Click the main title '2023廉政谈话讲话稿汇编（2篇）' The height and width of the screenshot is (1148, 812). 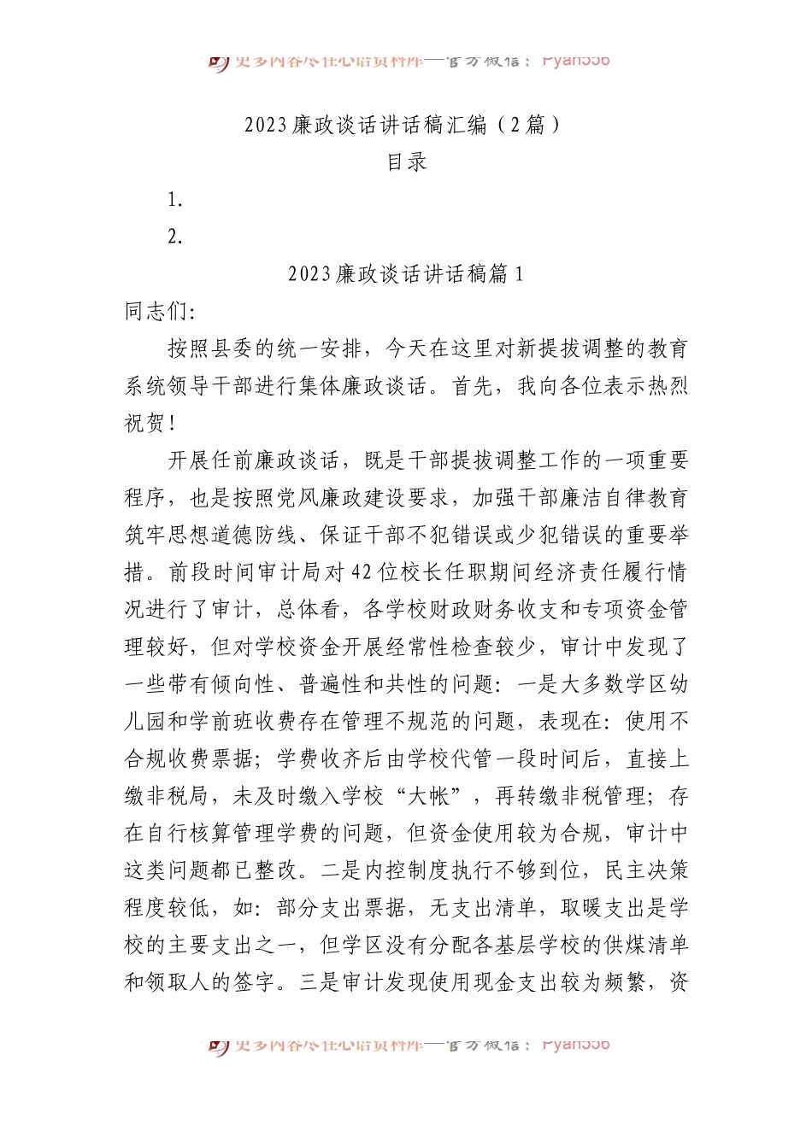coord(405,125)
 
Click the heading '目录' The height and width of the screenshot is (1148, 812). coord(406,162)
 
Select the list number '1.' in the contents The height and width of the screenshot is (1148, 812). coord(175,200)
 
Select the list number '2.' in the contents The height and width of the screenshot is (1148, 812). coord(175,237)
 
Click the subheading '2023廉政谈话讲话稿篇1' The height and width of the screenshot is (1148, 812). coord(405,274)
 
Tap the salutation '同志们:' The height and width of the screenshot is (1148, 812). coord(160,312)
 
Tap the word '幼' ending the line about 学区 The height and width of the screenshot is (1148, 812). coord(679,685)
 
